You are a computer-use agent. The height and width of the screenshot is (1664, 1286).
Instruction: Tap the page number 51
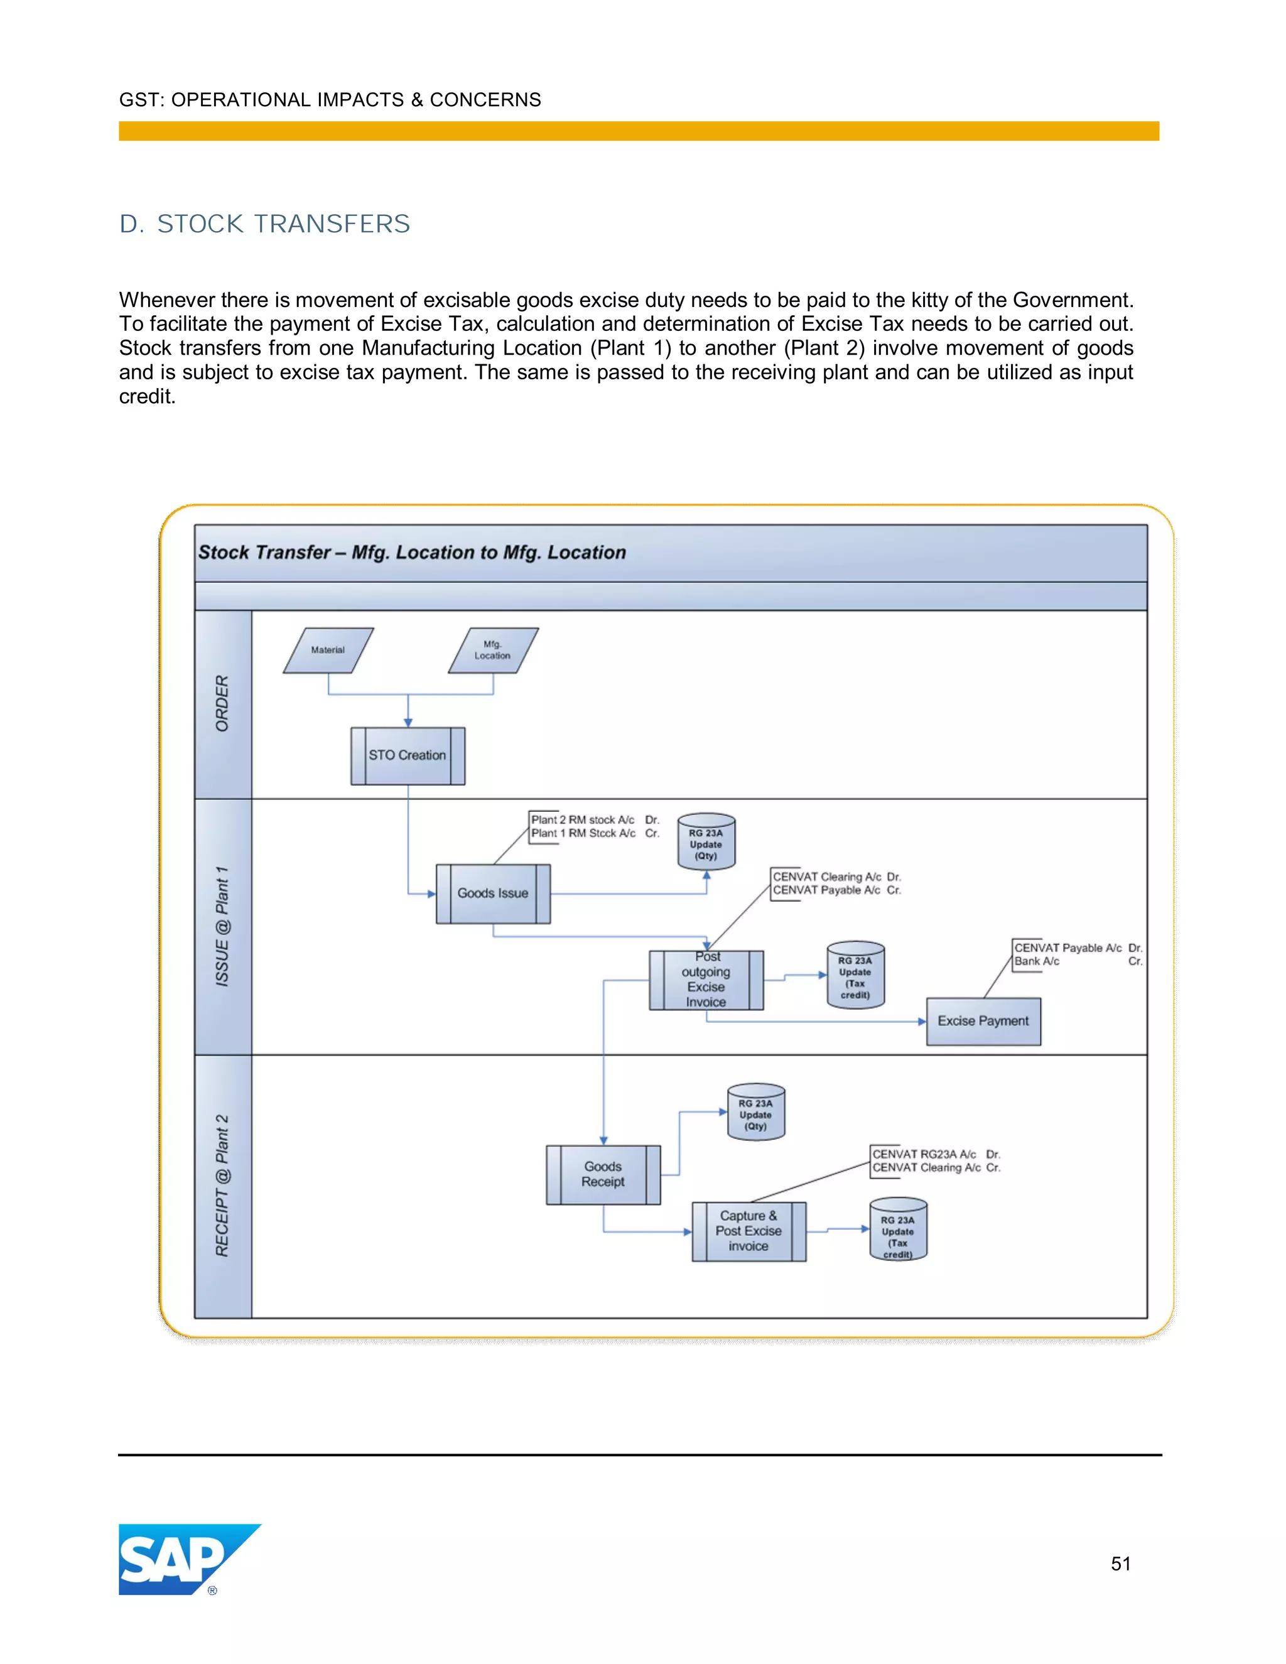tap(1120, 1564)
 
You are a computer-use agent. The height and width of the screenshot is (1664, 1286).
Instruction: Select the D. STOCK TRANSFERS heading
tap(264, 224)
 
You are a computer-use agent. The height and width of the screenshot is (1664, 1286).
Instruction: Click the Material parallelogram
tap(328, 650)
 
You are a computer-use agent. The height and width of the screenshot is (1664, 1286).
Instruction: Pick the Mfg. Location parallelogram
tap(493, 650)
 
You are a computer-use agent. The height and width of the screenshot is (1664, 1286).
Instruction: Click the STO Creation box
tap(408, 755)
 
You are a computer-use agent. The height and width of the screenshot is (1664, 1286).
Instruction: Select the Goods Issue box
tap(493, 893)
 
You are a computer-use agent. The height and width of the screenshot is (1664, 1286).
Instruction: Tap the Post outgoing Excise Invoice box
tap(706, 980)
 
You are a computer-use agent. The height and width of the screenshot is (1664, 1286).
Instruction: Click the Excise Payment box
tap(983, 1021)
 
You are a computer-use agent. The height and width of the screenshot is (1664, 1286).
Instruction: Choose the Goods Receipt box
tap(603, 1174)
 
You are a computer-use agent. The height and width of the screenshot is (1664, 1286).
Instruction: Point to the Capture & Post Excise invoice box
tap(748, 1231)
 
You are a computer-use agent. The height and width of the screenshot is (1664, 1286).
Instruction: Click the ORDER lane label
tap(222, 703)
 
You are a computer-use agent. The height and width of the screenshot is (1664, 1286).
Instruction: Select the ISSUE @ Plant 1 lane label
tap(222, 926)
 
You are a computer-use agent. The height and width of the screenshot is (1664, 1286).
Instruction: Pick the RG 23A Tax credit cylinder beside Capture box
tap(898, 1229)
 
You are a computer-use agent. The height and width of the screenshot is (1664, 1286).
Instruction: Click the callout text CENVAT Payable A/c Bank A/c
tap(1076, 954)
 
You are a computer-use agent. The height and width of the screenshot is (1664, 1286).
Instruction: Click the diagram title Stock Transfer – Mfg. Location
tap(412, 553)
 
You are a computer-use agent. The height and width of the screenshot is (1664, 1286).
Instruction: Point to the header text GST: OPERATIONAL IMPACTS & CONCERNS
tap(330, 100)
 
